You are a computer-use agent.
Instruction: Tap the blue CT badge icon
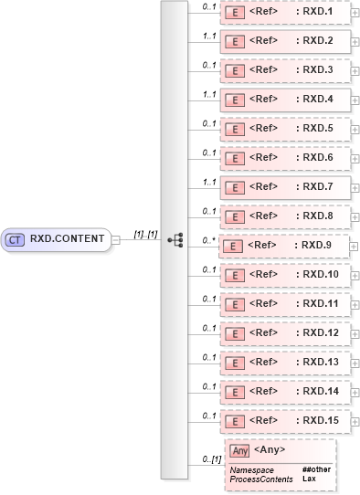pos(15,239)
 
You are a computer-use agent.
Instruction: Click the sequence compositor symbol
pos(175,240)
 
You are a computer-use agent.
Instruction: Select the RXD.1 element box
pos(285,12)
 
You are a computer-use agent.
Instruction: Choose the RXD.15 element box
pos(285,420)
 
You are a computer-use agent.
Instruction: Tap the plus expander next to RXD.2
pos(355,42)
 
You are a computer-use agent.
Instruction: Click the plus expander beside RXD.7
pos(355,187)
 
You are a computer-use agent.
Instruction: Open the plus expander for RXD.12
pos(355,333)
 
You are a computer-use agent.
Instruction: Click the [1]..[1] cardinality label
pos(145,234)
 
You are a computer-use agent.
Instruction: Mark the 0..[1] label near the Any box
pos(211,459)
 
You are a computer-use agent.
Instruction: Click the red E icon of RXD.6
pos(234,158)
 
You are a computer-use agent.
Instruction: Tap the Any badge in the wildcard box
pos(240,450)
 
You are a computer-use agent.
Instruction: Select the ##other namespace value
pos(315,469)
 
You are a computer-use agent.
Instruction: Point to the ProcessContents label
pos(260,479)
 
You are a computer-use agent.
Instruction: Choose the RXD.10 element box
pos(285,274)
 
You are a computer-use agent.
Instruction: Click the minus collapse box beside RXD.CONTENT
pos(116,240)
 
